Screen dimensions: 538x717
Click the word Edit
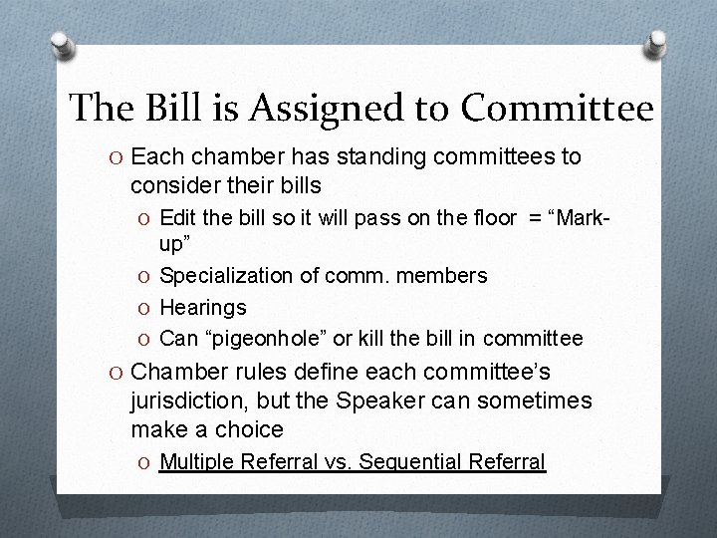tap(178, 217)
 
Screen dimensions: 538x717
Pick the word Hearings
tap(202, 307)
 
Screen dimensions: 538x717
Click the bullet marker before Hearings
tap(145, 307)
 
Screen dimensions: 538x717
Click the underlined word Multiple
tap(193, 461)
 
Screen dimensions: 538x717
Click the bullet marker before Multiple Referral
tap(145, 461)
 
